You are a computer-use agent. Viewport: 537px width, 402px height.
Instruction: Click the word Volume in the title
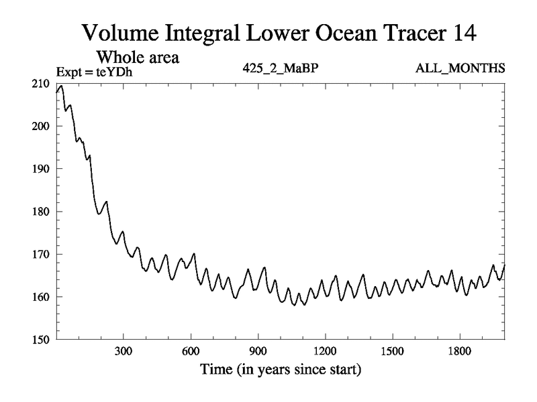(117, 31)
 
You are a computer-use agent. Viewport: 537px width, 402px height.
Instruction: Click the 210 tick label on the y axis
(42, 83)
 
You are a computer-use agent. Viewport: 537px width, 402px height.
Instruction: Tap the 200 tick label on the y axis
(42, 126)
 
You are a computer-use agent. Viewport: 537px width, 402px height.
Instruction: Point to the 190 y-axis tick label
(42, 169)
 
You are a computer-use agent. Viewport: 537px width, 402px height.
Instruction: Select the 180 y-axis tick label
(42, 212)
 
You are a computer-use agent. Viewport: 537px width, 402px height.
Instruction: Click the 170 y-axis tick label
(42, 254)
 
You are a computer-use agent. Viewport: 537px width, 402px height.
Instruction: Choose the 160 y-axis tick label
(42, 297)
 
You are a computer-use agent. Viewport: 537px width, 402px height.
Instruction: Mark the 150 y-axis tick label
(42, 340)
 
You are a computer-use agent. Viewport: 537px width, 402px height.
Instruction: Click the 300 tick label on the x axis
(124, 352)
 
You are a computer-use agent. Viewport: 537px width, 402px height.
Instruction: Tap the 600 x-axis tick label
(191, 352)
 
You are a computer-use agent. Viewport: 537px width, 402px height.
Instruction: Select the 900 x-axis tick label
(258, 352)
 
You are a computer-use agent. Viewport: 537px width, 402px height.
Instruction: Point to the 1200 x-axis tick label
(325, 352)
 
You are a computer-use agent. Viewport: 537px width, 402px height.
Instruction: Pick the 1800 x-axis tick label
(459, 352)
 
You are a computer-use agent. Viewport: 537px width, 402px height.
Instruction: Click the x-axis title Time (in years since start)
(280, 369)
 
